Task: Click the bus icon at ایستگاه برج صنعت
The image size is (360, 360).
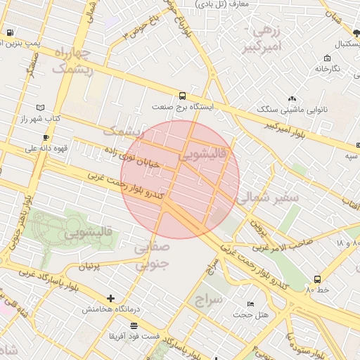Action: [183, 96]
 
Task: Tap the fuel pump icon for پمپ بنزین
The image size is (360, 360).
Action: [10, 32]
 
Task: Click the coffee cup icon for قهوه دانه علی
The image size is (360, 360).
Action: [46, 137]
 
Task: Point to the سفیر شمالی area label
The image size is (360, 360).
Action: [268, 198]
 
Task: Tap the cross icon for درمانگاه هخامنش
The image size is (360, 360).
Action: [110, 298]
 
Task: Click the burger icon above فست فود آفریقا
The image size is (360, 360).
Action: [134, 325]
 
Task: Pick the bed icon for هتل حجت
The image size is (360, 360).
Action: [251, 304]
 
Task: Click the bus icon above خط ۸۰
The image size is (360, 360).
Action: [317, 279]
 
